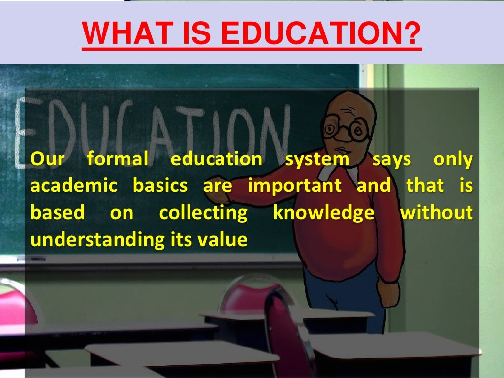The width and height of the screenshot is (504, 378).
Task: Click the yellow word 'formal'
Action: pos(117,159)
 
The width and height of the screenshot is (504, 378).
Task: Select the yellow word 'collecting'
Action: pos(203,214)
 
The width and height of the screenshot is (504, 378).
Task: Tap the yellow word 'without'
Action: pos(436,213)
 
